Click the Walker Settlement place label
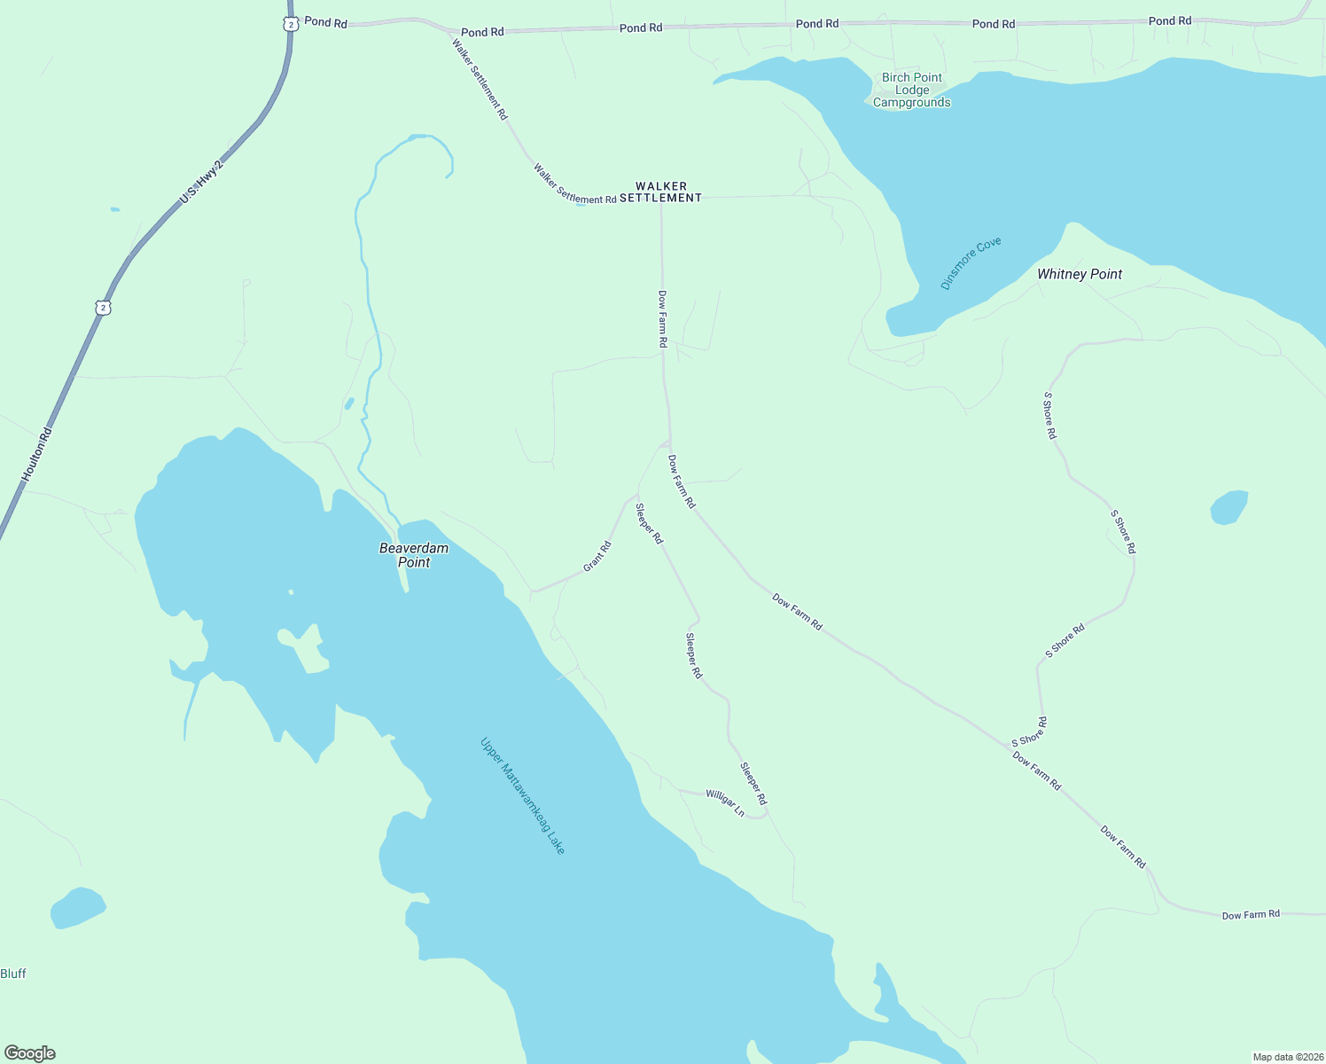point(660,192)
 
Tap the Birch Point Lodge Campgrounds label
point(911,90)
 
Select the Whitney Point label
point(1080,274)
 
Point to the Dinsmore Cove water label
point(971,263)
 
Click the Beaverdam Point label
point(414,555)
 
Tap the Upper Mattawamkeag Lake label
point(522,796)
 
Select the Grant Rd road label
point(597,556)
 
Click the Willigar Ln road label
point(725,802)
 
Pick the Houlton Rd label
point(37,456)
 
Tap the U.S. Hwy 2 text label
point(201,183)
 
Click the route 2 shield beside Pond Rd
point(291,24)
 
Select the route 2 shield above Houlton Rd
point(104,308)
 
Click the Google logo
point(30,1053)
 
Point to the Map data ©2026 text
point(1287,1057)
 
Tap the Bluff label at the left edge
point(13,974)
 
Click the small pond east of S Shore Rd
point(1228,507)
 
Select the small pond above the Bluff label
point(78,908)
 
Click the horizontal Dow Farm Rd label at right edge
point(1251,914)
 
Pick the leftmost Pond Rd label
point(325,22)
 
